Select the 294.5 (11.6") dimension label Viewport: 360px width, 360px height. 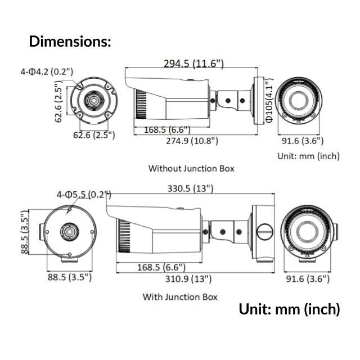coord(193,64)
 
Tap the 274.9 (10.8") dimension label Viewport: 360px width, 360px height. coord(187,141)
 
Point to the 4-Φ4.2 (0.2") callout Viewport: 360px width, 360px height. coord(43,71)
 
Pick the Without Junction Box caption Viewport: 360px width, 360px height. coord(191,168)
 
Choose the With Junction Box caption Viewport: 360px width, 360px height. coord(180,296)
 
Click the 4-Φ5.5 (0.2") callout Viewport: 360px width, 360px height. coord(83,194)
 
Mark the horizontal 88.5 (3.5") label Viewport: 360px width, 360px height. coord(69,277)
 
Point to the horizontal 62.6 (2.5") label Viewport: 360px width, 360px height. coord(94,135)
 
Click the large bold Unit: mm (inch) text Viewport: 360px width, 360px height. coord(289,309)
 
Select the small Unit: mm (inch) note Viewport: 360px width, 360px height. coord(308,156)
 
